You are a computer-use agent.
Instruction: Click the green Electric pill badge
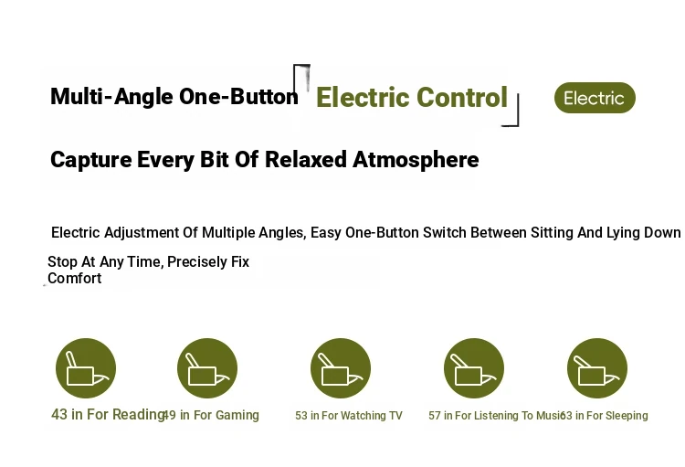595,98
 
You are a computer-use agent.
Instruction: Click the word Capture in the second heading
90,160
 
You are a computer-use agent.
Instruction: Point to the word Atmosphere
416,160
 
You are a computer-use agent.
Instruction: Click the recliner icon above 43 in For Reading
86,368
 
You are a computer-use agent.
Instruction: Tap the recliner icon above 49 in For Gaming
207,368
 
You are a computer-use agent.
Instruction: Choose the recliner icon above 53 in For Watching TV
341,368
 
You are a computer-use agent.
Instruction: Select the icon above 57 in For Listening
474,368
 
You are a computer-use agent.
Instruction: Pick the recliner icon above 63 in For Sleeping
597,368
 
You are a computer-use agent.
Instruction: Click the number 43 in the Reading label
59,414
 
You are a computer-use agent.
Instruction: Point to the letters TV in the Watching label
395,416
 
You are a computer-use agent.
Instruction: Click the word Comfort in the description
75,278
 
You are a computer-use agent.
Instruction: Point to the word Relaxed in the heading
306,160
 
